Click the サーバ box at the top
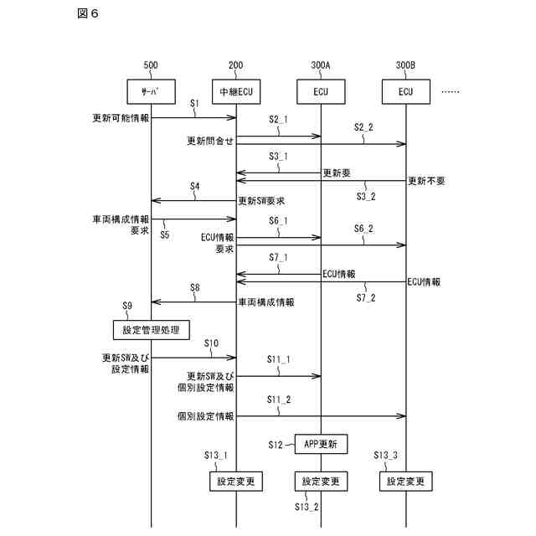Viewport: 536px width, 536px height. click(151, 90)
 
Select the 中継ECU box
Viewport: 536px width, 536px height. click(235, 90)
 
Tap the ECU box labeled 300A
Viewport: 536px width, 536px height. click(321, 90)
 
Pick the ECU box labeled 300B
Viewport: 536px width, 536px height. click(406, 90)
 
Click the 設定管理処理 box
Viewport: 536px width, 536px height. click(152, 329)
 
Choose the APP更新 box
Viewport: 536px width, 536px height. click(321, 444)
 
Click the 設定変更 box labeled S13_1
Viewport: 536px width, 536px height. click(236, 482)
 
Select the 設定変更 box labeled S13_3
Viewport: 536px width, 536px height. click(406, 482)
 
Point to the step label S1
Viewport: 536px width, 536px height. click(194, 105)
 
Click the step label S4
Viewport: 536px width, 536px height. click(194, 186)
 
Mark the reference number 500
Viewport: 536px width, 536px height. click(151, 64)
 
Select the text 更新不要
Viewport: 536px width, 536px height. click(426, 181)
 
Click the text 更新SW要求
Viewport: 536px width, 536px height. click(262, 201)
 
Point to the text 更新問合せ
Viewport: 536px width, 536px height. click(210, 141)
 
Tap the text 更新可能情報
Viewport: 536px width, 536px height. click(121, 118)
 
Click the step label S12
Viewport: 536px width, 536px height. click(278, 443)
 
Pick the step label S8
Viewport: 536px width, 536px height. click(194, 287)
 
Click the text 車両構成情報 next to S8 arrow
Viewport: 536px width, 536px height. click(266, 301)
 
